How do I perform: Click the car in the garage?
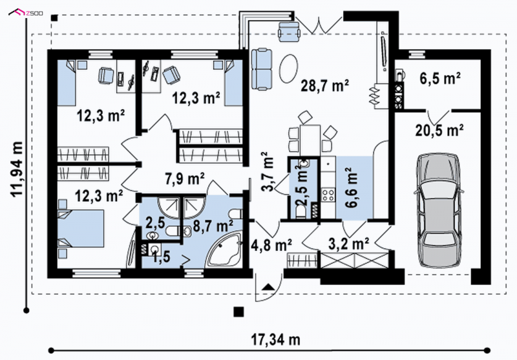click(439, 210)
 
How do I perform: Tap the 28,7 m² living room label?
click(325, 86)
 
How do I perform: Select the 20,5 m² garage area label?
click(439, 130)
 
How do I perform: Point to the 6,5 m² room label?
click(440, 78)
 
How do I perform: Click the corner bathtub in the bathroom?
click(225, 250)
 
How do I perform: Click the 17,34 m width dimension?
click(276, 339)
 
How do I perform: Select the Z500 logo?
click(25, 13)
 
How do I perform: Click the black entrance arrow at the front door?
click(268, 286)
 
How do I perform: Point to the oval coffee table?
click(288, 69)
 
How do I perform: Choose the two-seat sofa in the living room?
click(262, 69)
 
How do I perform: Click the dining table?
click(310, 140)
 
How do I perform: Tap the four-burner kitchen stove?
click(328, 195)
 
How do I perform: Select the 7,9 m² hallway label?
click(185, 179)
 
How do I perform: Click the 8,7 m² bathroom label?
click(213, 226)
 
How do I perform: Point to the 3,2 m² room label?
click(349, 244)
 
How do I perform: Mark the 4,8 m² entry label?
click(271, 245)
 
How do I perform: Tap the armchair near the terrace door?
click(289, 31)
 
